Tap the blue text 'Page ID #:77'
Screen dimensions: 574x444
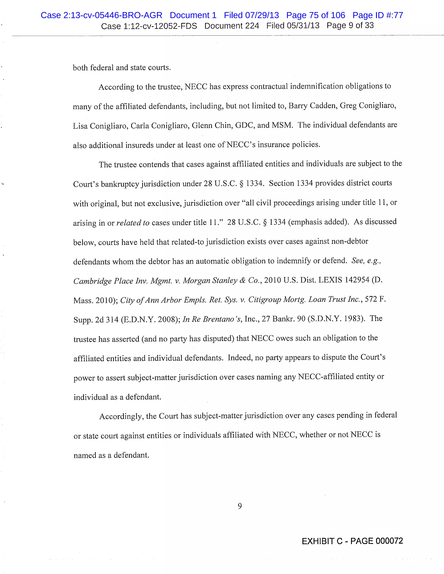click(377, 15)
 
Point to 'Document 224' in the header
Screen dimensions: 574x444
click(232, 26)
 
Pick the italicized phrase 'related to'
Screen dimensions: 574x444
click(133, 223)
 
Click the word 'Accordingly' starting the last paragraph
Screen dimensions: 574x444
click(121, 416)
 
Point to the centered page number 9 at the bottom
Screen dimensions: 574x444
click(240, 506)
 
